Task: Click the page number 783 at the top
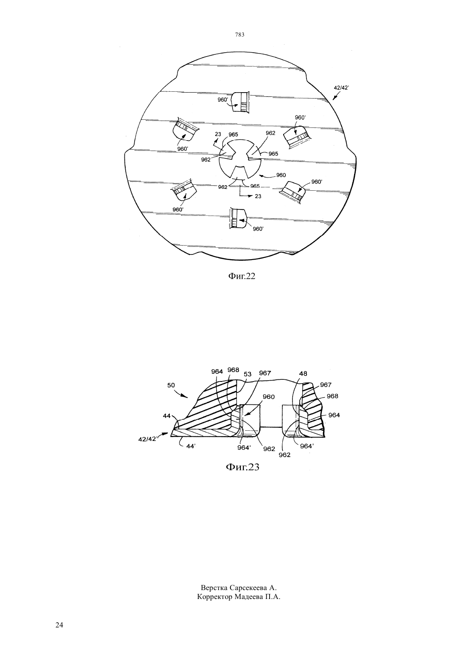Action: (x=240, y=35)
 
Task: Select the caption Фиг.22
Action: (x=242, y=276)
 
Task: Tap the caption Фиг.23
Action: (x=242, y=467)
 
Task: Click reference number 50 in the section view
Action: (x=171, y=385)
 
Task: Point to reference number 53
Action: (x=248, y=374)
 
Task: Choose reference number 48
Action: (x=303, y=373)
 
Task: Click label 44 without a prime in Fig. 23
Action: (x=166, y=416)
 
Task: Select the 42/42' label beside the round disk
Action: (x=341, y=88)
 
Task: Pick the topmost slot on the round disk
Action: (x=241, y=102)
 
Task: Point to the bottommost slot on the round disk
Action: (x=238, y=218)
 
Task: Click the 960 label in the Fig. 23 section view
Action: (x=269, y=397)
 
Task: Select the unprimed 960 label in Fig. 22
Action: (x=281, y=175)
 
